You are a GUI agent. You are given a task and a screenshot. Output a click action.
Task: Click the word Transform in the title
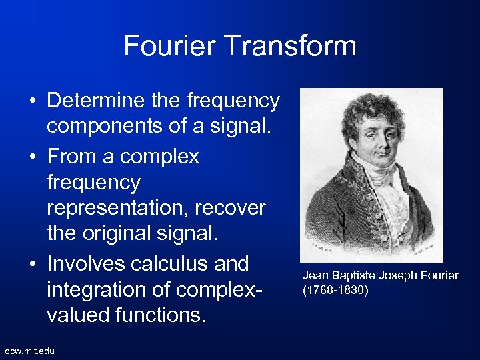tap(298, 47)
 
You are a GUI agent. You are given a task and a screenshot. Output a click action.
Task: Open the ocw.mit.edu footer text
tap(30, 351)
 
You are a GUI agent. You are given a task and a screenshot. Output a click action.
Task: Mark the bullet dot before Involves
tap(33, 265)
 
